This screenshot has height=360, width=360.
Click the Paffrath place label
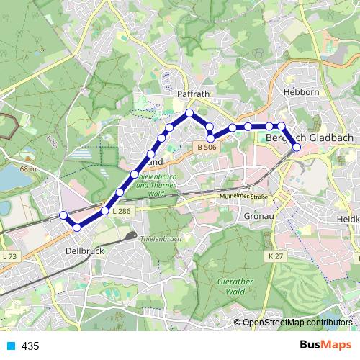pyautogui.click(x=192, y=94)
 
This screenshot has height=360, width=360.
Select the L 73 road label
pyautogui.click(x=9, y=256)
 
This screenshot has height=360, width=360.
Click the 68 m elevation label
pyautogui.click(x=28, y=168)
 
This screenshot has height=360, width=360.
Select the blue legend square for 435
pyautogui.click(x=9, y=346)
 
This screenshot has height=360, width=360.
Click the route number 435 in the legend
pyautogui.click(x=30, y=346)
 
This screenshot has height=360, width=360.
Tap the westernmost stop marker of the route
pyautogui.click(x=63, y=215)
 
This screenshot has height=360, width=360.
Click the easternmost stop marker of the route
pyautogui.click(x=297, y=148)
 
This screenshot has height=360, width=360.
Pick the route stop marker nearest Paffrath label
pyautogui.click(x=189, y=113)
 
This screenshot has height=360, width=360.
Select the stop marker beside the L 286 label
pyautogui.click(x=105, y=210)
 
